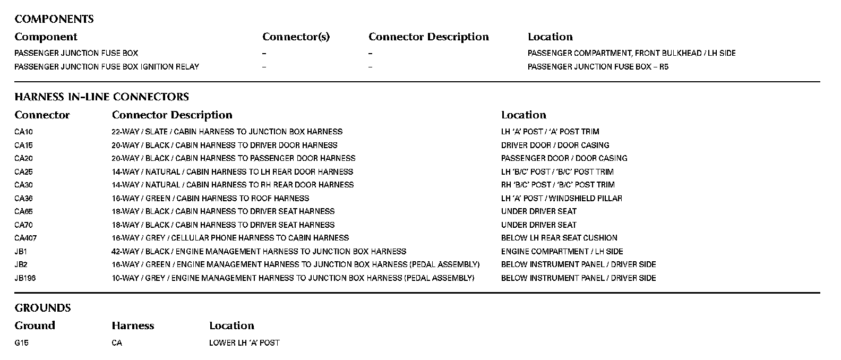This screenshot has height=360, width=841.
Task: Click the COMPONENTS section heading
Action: (x=54, y=19)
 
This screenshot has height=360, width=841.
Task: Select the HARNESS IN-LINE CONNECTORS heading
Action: (x=101, y=97)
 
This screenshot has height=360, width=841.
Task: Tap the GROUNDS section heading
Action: (x=42, y=308)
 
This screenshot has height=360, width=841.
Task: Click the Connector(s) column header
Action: (x=296, y=37)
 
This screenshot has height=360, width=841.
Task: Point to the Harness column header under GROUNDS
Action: (x=133, y=326)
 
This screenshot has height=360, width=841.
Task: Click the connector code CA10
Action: (x=23, y=132)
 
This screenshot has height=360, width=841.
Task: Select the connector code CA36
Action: (x=23, y=199)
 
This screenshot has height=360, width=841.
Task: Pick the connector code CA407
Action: (x=25, y=238)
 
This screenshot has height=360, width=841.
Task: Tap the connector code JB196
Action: (x=25, y=278)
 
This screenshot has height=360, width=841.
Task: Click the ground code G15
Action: (x=21, y=343)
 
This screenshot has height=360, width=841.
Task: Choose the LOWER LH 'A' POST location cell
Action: (x=244, y=343)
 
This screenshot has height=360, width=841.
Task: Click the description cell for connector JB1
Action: (x=259, y=252)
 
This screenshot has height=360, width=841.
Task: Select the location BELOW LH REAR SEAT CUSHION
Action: (x=559, y=238)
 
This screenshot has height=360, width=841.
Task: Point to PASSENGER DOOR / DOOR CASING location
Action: (x=564, y=158)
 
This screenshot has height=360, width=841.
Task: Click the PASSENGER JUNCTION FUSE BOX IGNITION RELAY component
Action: (x=107, y=67)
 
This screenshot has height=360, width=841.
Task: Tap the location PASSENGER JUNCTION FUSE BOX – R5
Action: (x=598, y=67)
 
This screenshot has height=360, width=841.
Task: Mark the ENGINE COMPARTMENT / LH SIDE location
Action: (x=562, y=252)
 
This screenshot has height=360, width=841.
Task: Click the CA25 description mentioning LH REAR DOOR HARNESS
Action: (x=232, y=172)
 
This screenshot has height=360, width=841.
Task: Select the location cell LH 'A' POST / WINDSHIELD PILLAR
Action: (x=561, y=199)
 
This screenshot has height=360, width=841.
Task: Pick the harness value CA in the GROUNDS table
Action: (x=117, y=343)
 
